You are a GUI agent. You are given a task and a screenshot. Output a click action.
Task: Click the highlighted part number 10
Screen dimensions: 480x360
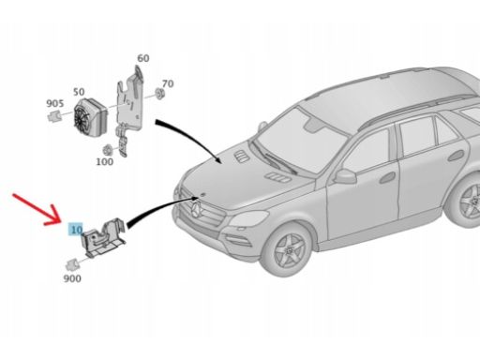(76, 230)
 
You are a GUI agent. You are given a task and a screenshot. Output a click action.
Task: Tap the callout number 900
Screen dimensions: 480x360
(72, 278)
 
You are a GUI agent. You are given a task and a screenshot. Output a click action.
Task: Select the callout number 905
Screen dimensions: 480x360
(55, 103)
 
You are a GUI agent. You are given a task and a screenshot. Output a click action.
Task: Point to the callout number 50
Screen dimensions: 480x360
(79, 92)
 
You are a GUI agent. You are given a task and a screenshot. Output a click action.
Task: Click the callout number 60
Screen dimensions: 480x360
(143, 58)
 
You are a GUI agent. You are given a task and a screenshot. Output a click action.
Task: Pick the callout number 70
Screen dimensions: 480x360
(168, 83)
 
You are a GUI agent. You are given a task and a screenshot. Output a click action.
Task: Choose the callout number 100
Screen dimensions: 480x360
(104, 161)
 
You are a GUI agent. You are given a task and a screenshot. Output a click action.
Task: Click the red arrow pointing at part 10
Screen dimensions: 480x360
(37, 209)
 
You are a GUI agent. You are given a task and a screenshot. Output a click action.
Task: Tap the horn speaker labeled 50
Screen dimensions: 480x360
(90, 115)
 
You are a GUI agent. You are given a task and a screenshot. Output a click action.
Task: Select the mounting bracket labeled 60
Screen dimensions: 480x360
(129, 106)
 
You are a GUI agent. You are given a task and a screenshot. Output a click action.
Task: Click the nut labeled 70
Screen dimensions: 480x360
(160, 94)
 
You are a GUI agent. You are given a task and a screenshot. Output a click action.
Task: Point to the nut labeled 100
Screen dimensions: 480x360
(108, 150)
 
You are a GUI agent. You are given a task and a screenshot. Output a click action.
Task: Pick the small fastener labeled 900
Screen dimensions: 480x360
(72, 265)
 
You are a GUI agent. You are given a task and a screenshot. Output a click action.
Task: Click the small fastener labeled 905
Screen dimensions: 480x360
(53, 116)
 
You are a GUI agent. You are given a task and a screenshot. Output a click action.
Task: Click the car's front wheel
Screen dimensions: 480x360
(287, 249)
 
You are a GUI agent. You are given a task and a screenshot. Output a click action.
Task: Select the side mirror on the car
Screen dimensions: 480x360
(345, 176)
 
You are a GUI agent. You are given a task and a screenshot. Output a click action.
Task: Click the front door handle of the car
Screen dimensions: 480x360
(386, 177)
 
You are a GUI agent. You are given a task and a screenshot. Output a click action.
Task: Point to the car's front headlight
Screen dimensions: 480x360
(248, 218)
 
